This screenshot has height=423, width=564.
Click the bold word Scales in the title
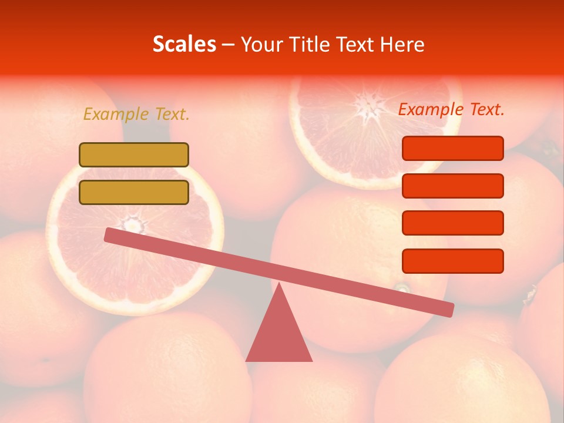[184, 44]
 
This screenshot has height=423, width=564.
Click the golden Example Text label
[136, 114]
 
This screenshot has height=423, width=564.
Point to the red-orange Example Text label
[451, 109]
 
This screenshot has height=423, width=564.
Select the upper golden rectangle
[134, 155]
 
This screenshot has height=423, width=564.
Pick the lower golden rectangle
[134, 193]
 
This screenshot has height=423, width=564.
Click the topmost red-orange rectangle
[452, 148]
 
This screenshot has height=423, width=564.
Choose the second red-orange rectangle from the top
[452, 186]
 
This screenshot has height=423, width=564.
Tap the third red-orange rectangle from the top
[452, 223]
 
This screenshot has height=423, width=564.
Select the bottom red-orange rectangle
[452, 261]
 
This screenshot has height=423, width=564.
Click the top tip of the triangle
[279, 285]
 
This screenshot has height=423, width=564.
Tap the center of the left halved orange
[134, 224]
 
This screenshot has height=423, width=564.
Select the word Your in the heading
[260, 45]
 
